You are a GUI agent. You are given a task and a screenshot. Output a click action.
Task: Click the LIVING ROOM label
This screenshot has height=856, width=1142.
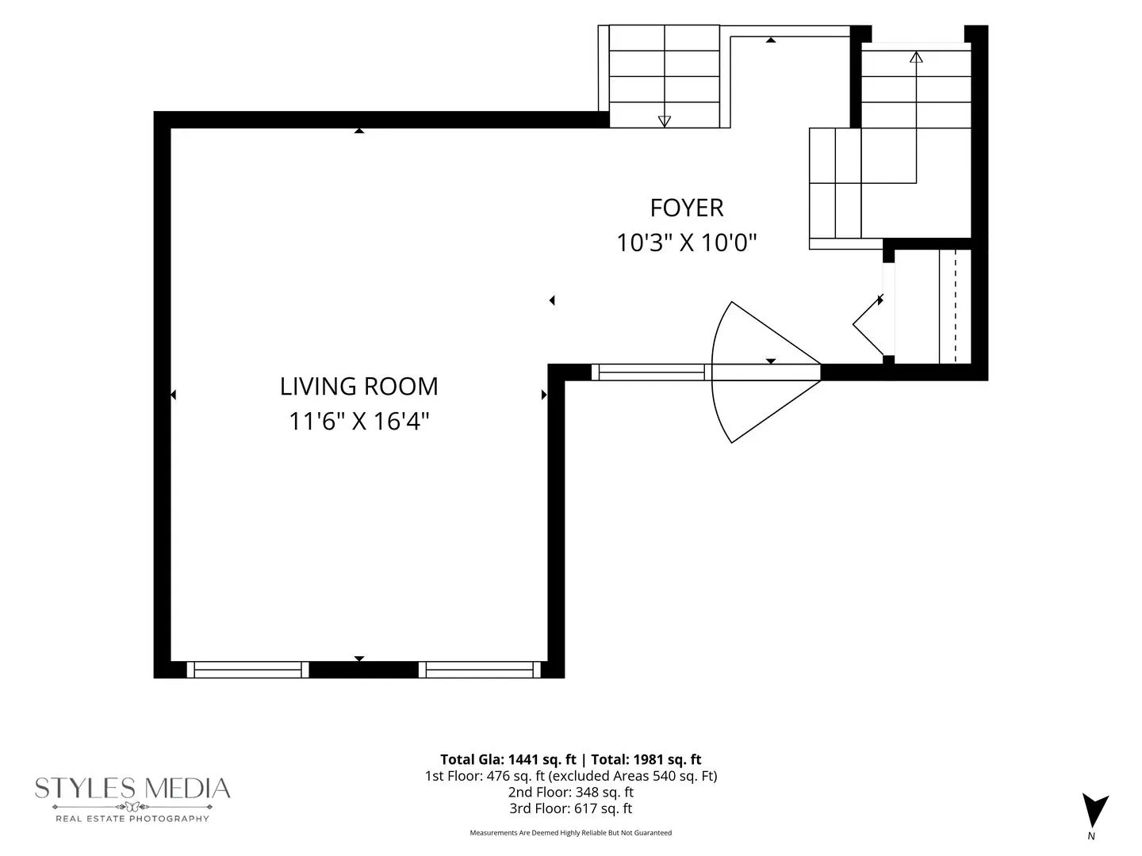[x=358, y=386]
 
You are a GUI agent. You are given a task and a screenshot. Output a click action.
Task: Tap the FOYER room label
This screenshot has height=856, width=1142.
[x=686, y=208]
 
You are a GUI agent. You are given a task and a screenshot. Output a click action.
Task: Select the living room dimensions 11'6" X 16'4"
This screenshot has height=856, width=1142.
[x=358, y=421]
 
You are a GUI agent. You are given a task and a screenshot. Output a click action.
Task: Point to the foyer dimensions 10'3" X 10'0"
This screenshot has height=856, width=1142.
[x=686, y=243]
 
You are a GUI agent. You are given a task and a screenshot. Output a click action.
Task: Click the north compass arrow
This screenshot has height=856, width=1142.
[x=1094, y=810]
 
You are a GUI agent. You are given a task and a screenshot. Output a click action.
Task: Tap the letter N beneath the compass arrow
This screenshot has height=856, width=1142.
[x=1091, y=836]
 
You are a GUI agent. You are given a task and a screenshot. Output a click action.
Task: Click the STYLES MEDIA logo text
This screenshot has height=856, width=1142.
[x=132, y=788]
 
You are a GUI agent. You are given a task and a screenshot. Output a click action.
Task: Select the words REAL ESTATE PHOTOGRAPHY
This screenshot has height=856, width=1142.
[x=132, y=819]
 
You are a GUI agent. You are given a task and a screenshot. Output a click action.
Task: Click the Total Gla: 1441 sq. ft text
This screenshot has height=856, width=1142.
[x=508, y=759]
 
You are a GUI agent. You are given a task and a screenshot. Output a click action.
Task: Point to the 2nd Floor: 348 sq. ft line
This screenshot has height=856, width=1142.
[x=571, y=792]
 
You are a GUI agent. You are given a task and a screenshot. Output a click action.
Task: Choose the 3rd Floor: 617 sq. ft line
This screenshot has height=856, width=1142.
[x=571, y=808]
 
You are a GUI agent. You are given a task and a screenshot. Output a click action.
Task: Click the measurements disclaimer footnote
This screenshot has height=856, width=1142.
[x=571, y=832]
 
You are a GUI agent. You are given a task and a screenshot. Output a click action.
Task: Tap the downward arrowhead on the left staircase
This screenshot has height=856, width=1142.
[x=664, y=121]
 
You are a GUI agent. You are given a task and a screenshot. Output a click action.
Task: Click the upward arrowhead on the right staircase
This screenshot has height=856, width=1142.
[x=916, y=57]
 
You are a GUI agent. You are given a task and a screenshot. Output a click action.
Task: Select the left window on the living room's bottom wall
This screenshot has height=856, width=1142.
[x=247, y=670]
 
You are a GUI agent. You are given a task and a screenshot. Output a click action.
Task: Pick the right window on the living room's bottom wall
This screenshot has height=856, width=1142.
[x=480, y=670]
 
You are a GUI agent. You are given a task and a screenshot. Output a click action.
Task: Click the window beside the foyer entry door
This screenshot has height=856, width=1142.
[x=648, y=373]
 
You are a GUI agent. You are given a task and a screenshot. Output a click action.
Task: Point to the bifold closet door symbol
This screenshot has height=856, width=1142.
[x=868, y=324]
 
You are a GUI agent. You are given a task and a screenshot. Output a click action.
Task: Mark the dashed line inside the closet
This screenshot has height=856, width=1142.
[x=955, y=307]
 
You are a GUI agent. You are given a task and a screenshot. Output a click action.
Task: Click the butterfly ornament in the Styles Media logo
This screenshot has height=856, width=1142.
[x=132, y=807]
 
